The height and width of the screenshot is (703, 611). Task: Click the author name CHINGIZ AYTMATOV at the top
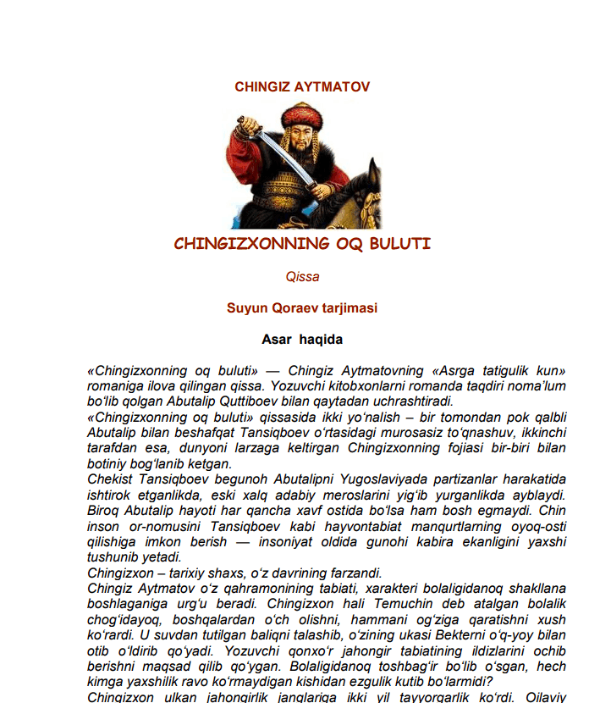(x=302, y=86)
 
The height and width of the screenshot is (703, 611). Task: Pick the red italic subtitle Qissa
(x=302, y=277)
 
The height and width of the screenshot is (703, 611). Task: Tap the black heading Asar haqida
(x=302, y=340)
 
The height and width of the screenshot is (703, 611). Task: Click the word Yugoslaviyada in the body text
(x=317, y=480)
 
